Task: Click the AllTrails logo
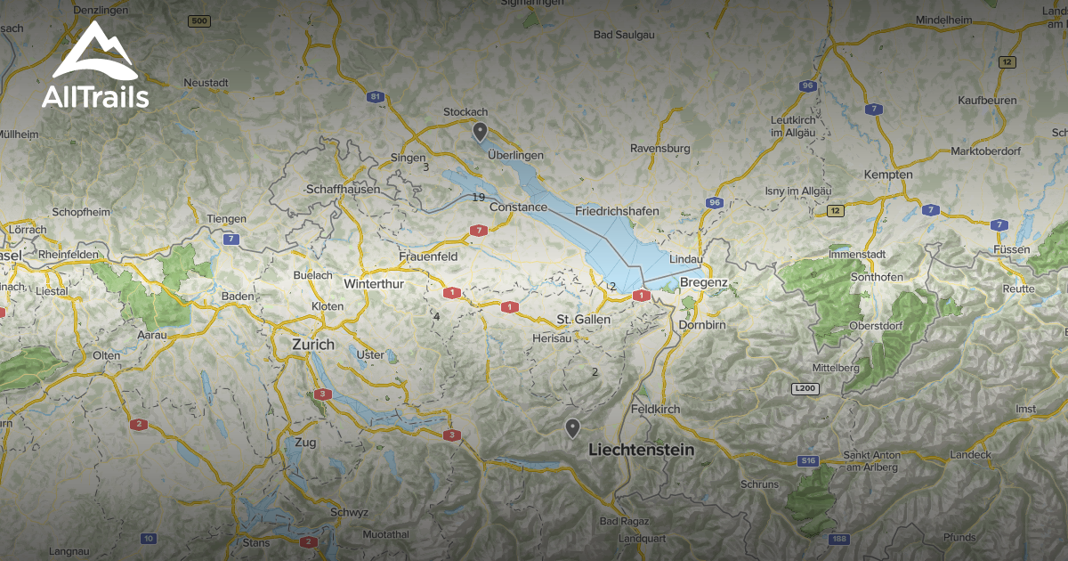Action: pyautogui.click(x=94, y=66)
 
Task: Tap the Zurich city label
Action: pyautogui.click(x=313, y=345)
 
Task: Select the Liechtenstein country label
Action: pyautogui.click(x=641, y=451)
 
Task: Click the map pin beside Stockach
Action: pyautogui.click(x=480, y=133)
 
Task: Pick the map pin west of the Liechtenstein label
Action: pyautogui.click(x=572, y=428)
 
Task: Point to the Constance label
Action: pyautogui.click(x=518, y=207)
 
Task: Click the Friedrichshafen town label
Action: pyautogui.click(x=617, y=211)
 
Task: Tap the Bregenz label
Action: pyautogui.click(x=703, y=283)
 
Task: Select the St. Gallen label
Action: pyautogui.click(x=584, y=319)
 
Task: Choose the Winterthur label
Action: pyautogui.click(x=374, y=284)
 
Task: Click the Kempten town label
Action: pyautogui.click(x=887, y=175)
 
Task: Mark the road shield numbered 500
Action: pyautogui.click(x=200, y=20)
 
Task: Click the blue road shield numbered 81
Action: pyautogui.click(x=376, y=96)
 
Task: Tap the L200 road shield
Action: pyautogui.click(x=804, y=389)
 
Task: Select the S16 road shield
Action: pyautogui.click(x=807, y=460)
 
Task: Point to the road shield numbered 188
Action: pyautogui.click(x=837, y=539)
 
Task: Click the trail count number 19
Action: pyautogui.click(x=479, y=198)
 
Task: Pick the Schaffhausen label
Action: pyautogui.click(x=343, y=190)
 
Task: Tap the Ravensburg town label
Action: pyautogui.click(x=659, y=148)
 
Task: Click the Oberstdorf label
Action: pyautogui.click(x=876, y=326)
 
